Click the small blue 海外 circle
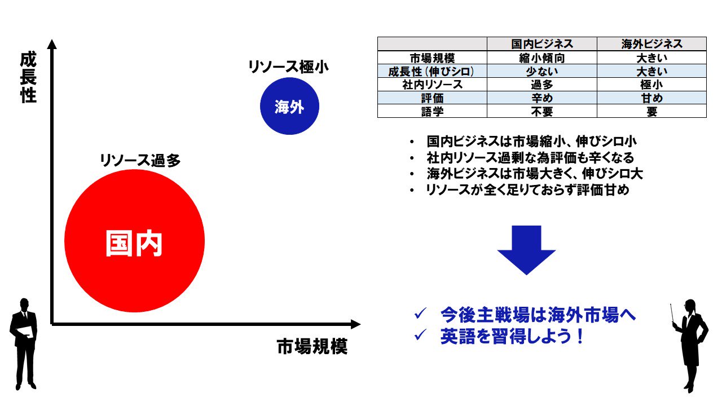pyautogui.click(x=289, y=107)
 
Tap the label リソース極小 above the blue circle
pyautogui.click(x=288, y=67)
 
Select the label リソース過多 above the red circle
pyautogui.click(x=140, y=161)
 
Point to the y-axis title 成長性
pyautogui.click(x=28, y=78)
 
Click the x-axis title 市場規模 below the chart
pyautogui.click(x=312, y=346)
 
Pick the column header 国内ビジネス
pyautogui.click(x=542, y=44)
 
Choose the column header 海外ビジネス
pyautogui.click(x=651, y=44)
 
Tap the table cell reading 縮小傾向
pyautogui.click(x=542, y=58)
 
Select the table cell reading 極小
pyautogui.click(x=651, y=85)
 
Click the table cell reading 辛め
pyautogui.click(x=542, y=98)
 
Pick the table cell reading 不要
pyautogui.click(x=542, y=112)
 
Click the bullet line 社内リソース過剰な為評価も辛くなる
pyautogui.click(x=530, y=157)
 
